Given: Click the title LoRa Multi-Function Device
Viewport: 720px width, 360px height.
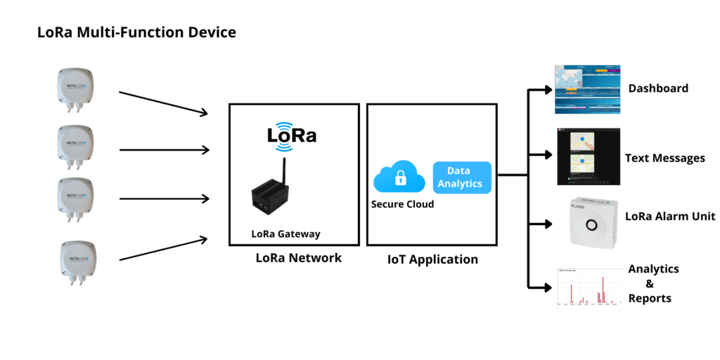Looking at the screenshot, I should [136, 32].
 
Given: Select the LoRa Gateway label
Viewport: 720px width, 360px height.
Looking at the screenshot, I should [285, 234].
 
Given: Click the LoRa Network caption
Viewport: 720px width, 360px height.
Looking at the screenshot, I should [298, 258].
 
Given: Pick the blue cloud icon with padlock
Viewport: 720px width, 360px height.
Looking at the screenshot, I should [399, 179].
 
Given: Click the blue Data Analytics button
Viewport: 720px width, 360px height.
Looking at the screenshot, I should [461, 177].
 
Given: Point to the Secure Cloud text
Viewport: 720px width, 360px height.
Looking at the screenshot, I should [402, 205].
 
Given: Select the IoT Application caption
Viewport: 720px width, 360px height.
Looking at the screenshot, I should [432, 259].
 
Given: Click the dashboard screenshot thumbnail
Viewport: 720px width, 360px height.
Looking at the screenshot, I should [587, 90].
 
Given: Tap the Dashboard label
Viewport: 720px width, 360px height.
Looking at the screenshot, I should [658, 89].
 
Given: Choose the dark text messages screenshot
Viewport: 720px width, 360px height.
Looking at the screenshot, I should [588, 156].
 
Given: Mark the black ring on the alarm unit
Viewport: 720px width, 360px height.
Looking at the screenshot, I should [592, 225].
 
